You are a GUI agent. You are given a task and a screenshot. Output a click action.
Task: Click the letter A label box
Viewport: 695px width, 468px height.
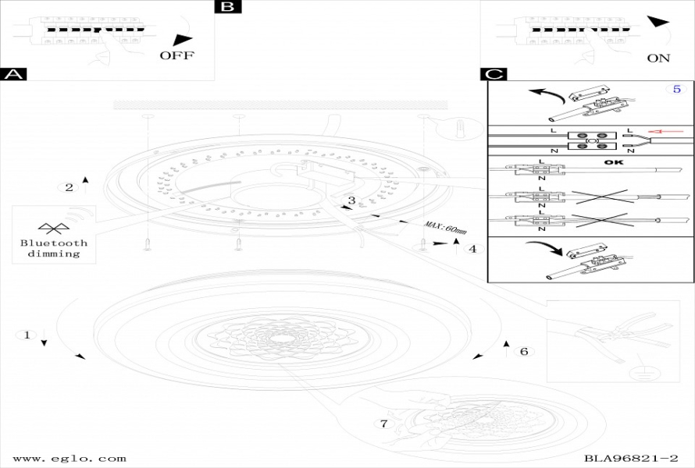pyautogui.click(x=14, y=75)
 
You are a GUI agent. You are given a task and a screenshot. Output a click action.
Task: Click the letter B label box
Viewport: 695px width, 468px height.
pyautogui.click(x=227, y=7)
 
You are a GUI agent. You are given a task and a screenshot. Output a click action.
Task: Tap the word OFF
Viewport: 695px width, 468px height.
pyautogui.click(x=176, y=55)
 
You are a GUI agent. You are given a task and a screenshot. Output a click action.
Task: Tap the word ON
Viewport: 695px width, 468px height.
pyautogui.click(x=658, y=58)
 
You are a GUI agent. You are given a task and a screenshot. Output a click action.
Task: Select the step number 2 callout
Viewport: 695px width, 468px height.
pyautogui.click(x=69, y=187)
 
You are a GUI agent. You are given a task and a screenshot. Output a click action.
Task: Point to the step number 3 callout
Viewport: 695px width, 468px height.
pyautogui.click(x=351, y=200)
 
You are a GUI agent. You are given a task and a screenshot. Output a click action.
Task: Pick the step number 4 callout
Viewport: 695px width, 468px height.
pyautogui.click(x=471, y=250)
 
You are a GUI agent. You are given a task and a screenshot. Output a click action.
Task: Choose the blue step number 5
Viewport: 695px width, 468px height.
pyautogui.click(x=677, y=89)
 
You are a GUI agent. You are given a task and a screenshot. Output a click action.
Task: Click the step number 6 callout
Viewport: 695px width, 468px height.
pyautogui.click(x=524, y=352)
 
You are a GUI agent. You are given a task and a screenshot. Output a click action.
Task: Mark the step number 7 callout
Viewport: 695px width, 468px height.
pyautogui.click(x=383, y=424)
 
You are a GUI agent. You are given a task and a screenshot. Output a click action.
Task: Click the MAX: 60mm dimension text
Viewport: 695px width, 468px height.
pyautogui.click(x=445, y=228)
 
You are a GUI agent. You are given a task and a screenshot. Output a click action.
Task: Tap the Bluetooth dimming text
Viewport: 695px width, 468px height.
pyautogui.click(x=54, y=248)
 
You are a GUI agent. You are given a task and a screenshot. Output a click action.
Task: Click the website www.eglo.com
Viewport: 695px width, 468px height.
pyautogui.click(x=69, y=459)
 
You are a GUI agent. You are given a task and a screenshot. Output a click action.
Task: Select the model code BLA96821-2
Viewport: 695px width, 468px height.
pyautogui.click(x=630, y=459)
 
